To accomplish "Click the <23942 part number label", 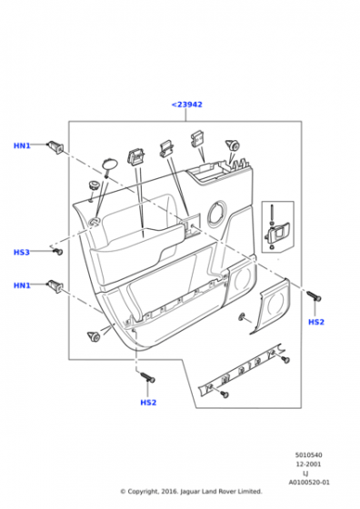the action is (186, 105).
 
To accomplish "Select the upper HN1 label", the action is (22, 145).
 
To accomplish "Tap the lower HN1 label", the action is (22, 285).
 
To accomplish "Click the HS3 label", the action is (22, 253).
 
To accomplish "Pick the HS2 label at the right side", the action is (315, 322).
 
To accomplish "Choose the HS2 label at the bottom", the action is (148, 403).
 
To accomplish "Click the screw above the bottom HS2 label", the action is (147, 377).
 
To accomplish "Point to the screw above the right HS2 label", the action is (314, 295).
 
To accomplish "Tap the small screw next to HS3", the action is (58, 251).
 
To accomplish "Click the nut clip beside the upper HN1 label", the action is (55, 147).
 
